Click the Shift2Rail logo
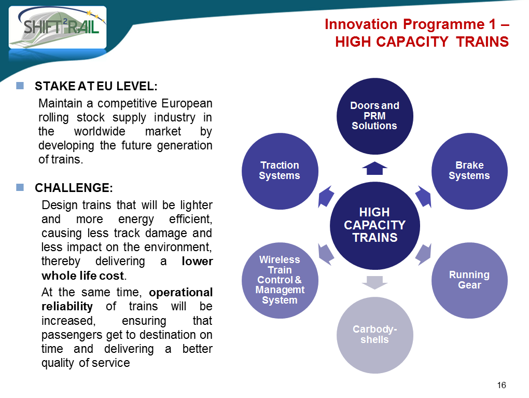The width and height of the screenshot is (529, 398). [x=58, y=28]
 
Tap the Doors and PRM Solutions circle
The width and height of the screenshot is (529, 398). [x=375, y=116]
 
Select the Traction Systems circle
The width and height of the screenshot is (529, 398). [x=280, y=171]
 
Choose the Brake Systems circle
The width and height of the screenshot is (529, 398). [x=470, y=171]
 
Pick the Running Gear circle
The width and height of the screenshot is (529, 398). [x=470, y=280]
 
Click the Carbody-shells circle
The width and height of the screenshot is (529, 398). [x=375, y=335]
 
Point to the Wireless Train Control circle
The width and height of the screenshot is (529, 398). [x=280, y=280]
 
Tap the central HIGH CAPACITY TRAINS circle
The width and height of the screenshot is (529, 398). [x=375, y=226]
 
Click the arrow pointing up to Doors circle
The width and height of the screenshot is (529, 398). [x=374, y=168]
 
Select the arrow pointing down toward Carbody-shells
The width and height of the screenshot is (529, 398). [x=374, y=283]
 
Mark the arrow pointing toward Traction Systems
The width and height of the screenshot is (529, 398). [x=326, y=197]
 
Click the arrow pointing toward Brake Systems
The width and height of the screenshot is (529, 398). [x=423, y=197]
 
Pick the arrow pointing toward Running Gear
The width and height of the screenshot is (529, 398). [x=423, y=254]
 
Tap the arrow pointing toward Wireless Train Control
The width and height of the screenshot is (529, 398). [x=326, y=254]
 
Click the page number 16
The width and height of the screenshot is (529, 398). [x=502, y=385]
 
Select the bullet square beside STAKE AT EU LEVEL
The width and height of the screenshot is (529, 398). [x=20, y=86]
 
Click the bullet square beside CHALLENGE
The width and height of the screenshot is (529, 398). [x=20, y=187]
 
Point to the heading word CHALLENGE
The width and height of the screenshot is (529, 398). [x=74, y=188]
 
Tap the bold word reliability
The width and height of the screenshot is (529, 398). [x=67, y=306]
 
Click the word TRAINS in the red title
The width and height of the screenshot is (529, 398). [x=482, y=42]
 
